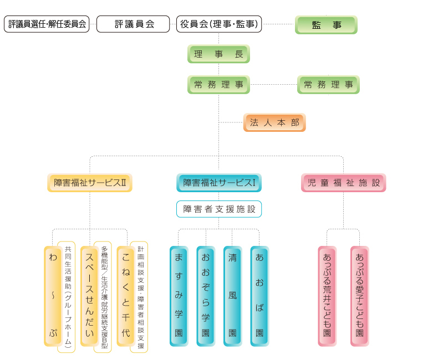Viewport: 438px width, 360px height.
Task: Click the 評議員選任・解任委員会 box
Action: pos(47,24)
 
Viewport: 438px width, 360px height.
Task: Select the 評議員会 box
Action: pos(133,24)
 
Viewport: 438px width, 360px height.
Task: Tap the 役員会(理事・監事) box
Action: pos(219,24)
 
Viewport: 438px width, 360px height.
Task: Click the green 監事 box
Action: pos(326,25)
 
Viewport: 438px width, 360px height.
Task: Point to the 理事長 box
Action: pos(218,54)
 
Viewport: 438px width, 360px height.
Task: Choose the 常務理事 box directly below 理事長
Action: pos(218,85)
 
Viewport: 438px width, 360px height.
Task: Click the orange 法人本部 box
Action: pos(274,123)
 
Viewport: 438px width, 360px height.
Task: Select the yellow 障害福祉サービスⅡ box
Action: pos(90,183)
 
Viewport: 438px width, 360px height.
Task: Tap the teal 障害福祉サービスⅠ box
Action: pos(219,183)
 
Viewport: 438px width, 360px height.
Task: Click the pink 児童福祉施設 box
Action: pos(343,183)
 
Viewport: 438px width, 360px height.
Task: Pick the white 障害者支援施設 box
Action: pos(219,209)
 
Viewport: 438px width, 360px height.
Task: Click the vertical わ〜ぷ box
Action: pos(53,296)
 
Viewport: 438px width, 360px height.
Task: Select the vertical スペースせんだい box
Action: pos(89,296)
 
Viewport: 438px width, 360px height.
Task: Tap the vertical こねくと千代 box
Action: pos(126,296)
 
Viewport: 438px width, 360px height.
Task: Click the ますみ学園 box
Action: pos(179,296)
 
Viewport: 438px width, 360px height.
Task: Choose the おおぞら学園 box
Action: pos(206,296)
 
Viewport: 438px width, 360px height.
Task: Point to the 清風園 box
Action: pos(232,296)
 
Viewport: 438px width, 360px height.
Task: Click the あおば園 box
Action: pos(259,296)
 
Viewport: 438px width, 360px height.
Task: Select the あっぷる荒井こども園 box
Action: pos(327,296)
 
